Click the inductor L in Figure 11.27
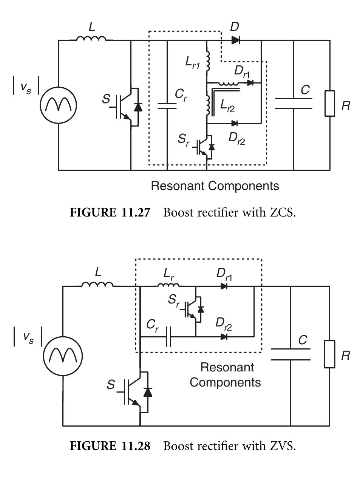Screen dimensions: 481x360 point(91,38)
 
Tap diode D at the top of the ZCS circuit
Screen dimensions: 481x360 point(235,40)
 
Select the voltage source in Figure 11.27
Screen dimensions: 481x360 point(59,105)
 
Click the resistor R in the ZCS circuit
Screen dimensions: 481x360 point(329,104)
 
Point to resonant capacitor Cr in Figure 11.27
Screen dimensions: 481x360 point(167,105)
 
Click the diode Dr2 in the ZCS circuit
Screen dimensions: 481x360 point(234,123)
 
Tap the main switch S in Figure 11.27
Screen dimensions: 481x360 point(128,107)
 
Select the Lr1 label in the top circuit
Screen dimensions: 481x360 point(192,63)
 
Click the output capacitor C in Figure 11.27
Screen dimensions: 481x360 point(294,104)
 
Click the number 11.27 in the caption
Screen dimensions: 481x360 point(136,212)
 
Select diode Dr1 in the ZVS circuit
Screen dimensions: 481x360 point(224,286)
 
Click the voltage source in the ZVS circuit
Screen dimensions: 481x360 point(63,356)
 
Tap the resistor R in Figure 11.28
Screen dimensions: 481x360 point(329,354)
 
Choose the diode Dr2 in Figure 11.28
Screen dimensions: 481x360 point(224,336)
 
